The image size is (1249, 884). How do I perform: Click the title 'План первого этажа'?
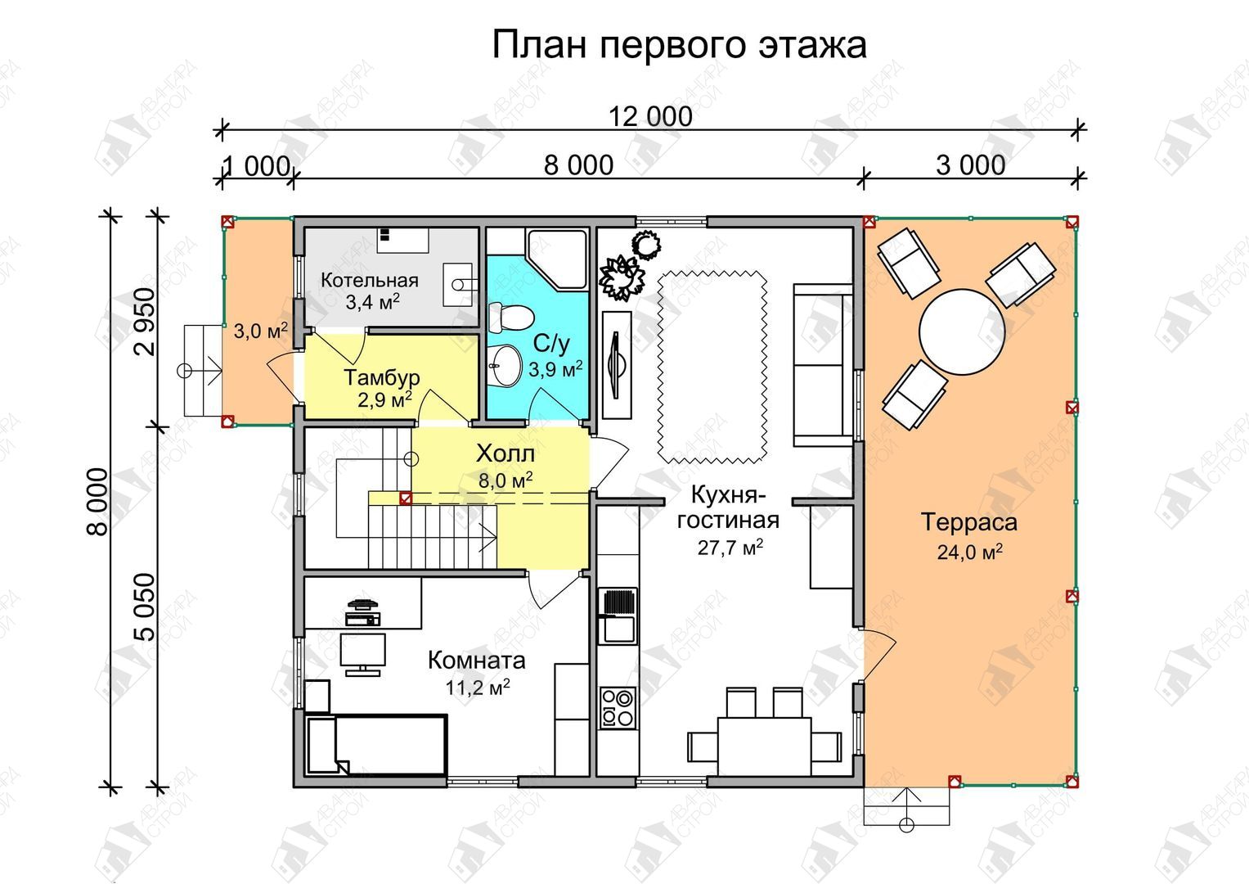point(679,46)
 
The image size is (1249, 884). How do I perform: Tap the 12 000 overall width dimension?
point(650,117)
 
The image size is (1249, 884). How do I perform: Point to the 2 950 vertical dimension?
point(146,322)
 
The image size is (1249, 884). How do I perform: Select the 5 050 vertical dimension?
point(146,607)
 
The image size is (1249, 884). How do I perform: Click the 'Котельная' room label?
point(369,280)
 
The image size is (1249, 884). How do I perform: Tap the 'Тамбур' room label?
point(381,377)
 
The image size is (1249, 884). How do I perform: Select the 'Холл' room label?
point(505,453)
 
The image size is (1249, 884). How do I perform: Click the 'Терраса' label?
point(969,522)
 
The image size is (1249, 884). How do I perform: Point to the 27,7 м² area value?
point(730,548)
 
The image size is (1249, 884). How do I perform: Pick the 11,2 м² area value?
point(478,688)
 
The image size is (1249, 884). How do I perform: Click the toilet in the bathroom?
point(510,318)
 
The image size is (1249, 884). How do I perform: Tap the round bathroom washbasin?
point(505,366)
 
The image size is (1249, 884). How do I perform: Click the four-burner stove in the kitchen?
point(618,708)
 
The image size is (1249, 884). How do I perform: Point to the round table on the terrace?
point(962,331)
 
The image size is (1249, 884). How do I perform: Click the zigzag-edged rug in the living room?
point(712,368)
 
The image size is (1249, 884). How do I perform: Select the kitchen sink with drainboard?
point(618,616)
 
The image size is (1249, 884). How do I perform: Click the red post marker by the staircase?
point(406,498)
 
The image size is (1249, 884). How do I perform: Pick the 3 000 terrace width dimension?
point(971,165)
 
